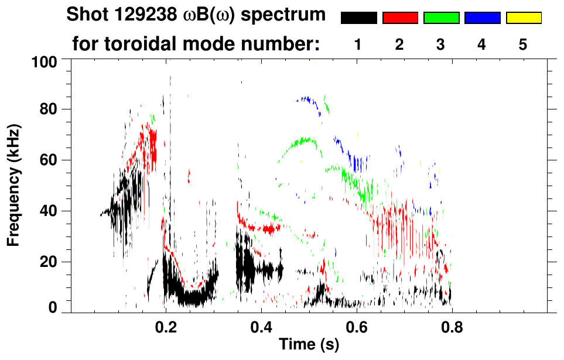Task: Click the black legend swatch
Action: click(x=359, y=18)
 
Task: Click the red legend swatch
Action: click(x=400, y=18)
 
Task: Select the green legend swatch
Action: click(x=441, y=18)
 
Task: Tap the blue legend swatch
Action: click(x=482, y=18)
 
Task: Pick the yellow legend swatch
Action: click(x=523, y=18)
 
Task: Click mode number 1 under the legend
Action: click(x=358, y=45)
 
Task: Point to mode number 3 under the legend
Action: click(x=440, y=45)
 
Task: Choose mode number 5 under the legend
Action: click(x=523, y=45)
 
